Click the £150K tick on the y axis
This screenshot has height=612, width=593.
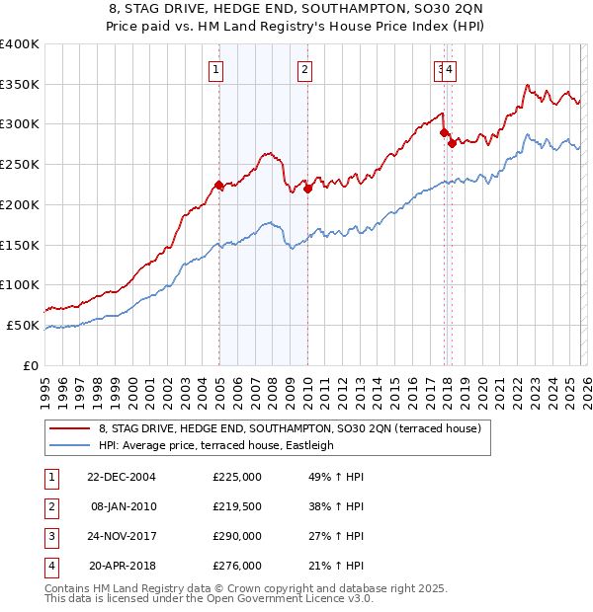(x=20, y=244)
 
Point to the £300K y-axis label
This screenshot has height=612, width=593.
(x=20, y=124)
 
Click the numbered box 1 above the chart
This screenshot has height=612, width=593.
(x=215, y=69)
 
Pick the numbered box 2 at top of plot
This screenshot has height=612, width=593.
(x=305, y=69)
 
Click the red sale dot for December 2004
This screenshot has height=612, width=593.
(x=218, y=185)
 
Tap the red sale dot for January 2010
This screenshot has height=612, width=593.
(x=307, y=189)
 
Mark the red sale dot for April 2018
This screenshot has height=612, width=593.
(x=452, y=143)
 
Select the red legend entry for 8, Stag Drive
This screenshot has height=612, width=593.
(x=289, y=428)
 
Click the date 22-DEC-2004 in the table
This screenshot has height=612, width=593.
(x=122, y=476)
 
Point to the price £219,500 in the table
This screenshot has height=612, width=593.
(x=237, y=505)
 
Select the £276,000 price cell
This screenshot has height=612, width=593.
(x=237, y=566)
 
